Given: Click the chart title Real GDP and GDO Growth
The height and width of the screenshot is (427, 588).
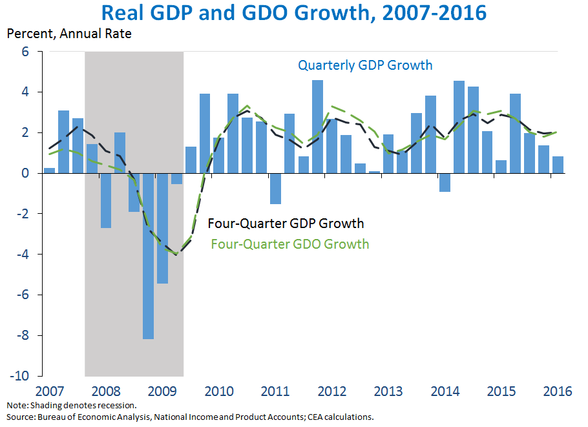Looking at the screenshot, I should click(295, 13).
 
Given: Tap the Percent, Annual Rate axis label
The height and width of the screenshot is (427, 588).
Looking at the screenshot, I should click(69, 34).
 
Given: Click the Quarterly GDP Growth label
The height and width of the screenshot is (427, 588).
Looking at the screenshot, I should click(365, 65).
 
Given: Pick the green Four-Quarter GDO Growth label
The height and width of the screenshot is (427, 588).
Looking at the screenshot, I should click(290, 244).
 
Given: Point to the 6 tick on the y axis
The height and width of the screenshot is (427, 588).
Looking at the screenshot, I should click(26, 51).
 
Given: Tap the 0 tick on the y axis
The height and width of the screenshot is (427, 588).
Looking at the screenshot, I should click(26, 173).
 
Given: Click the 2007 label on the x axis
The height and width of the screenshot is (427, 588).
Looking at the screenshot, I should click(49, 391).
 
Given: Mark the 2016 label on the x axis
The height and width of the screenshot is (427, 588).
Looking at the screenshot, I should click(558, 391).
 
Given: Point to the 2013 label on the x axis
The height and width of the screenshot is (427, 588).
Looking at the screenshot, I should click(389, 391).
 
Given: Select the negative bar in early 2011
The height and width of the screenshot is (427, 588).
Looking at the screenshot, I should click(275, 189).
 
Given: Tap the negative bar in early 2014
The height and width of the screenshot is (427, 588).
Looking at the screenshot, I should click(445, 183).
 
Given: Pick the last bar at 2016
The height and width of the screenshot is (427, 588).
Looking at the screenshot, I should click(558, 165).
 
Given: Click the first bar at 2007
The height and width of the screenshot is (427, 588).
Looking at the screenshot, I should click(49, 171).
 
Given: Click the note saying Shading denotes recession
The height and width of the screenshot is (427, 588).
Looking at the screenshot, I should click(72, 406).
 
